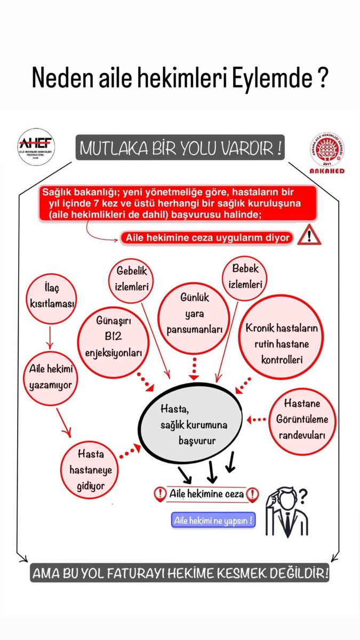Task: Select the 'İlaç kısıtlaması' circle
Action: click(x=51, y=298)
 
